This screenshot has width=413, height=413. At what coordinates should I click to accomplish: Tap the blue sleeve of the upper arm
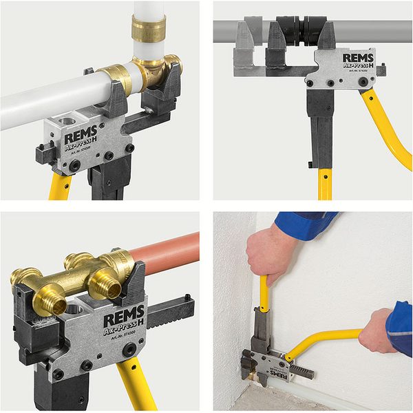tap(303, 224)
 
